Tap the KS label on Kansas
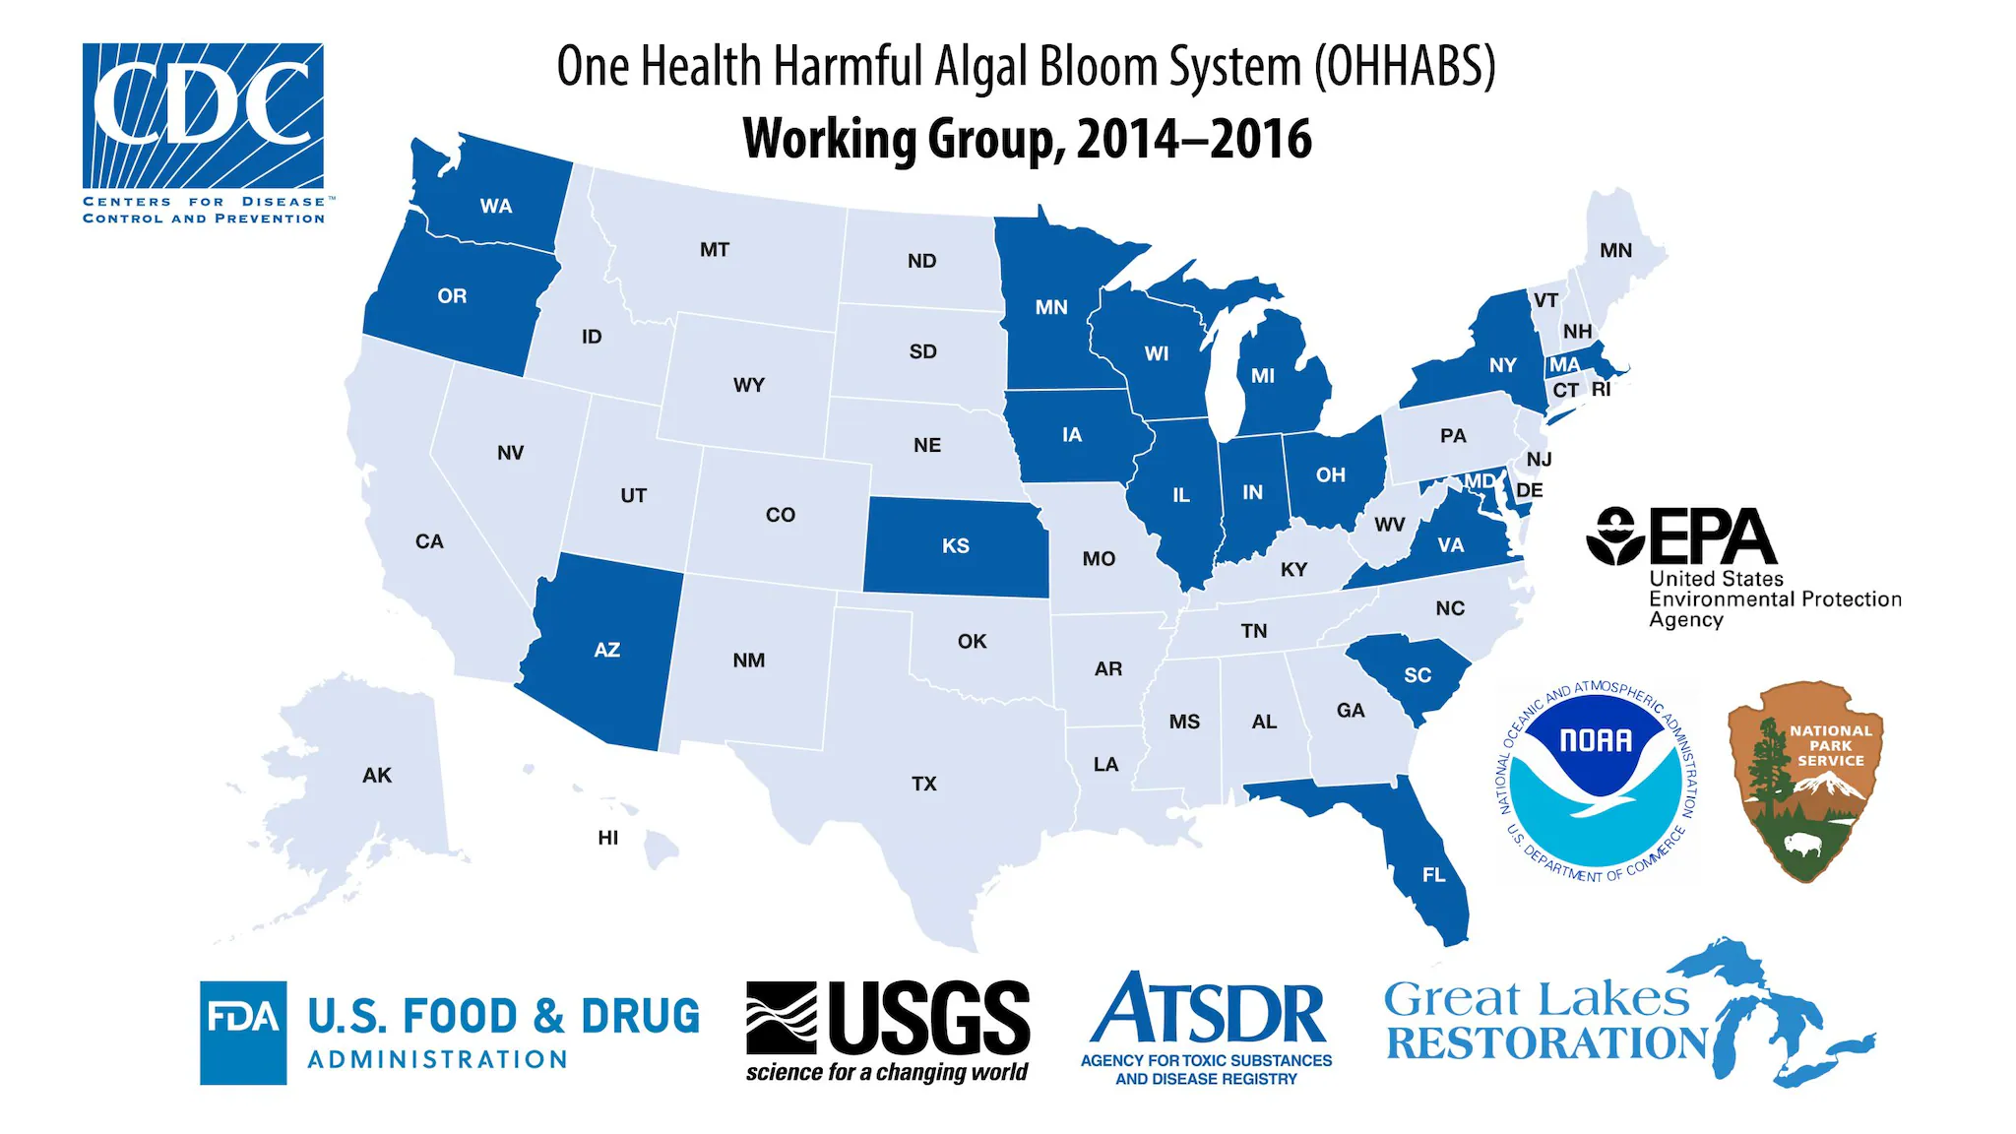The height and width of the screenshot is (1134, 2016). pos(955,546)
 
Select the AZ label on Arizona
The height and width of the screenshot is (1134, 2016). pos(606,651)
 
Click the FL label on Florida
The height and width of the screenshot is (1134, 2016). pos(1433,875)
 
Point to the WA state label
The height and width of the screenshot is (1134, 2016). pos(496,207)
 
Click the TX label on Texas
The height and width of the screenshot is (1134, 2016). pos(923,785)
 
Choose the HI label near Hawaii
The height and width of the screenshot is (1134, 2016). pos(608,838)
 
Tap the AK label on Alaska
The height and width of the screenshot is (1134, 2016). pos(377,776)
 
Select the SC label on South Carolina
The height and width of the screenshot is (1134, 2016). pos(1417,675)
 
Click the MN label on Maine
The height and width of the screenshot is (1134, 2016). pos(1615,251)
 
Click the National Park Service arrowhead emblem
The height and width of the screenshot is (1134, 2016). pos(1805,780)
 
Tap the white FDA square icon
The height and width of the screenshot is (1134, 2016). pos(243,1032)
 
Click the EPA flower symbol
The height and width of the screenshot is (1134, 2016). pos(1615,536)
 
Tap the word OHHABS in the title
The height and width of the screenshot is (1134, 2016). pos(1405,67)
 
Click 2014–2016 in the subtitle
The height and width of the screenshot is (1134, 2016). pos(1194,139)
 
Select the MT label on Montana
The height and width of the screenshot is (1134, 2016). pos(715,250)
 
